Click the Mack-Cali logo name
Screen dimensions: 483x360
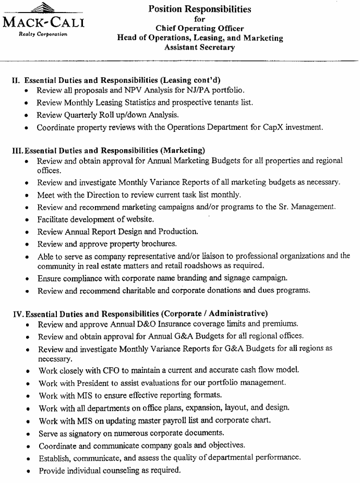click(44, 23)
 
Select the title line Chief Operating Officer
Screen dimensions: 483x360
click(200, 28)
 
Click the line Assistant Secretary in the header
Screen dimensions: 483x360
click(200, 47)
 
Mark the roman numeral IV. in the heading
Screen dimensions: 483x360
click(17, 314)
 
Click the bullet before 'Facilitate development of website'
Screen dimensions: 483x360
click(27, 220)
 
